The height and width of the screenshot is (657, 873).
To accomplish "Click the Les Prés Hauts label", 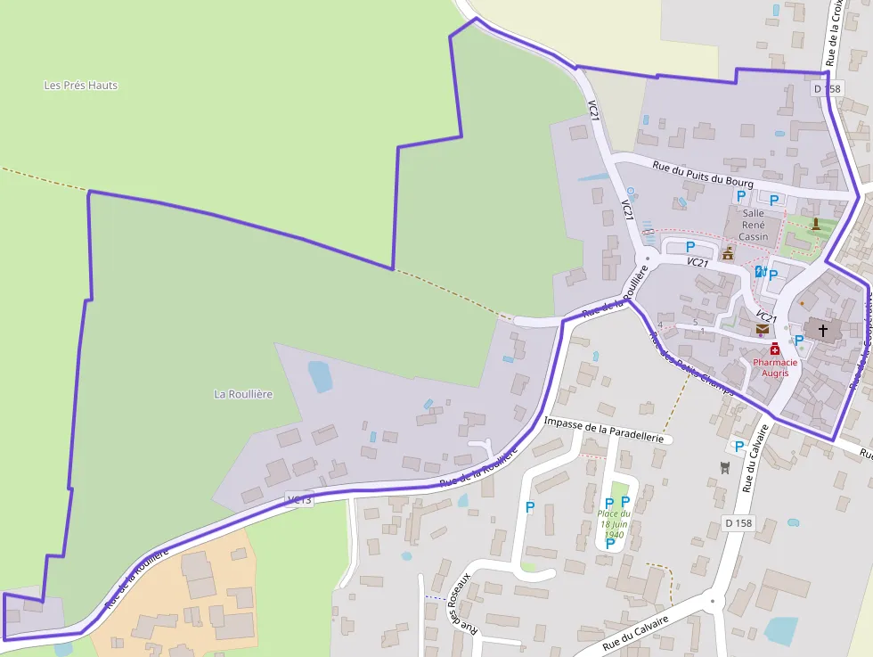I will click(x=81, y=86).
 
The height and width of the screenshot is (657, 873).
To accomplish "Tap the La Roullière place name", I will click(x=243, y=393).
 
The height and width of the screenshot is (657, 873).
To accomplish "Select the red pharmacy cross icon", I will click(x=775, y=349).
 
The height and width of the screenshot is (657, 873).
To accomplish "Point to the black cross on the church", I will click(x=822, y=331).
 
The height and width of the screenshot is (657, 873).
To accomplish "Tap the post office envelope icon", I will click(x=763, y=329).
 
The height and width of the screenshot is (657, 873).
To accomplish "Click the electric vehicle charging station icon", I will click(x=760, y=271).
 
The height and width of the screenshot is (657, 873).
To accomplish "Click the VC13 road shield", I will click(x=300, y=499).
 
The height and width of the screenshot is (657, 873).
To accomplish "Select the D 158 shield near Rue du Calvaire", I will click(x=739, y=522).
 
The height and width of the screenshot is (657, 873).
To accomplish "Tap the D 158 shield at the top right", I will click(x=827, y=89).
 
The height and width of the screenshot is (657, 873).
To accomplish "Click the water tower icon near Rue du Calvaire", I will click(x=725, y=467).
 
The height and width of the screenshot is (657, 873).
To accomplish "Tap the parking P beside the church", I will click(x=799, y=340).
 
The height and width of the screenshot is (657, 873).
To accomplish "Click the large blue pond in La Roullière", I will click(x=320, y=376).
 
